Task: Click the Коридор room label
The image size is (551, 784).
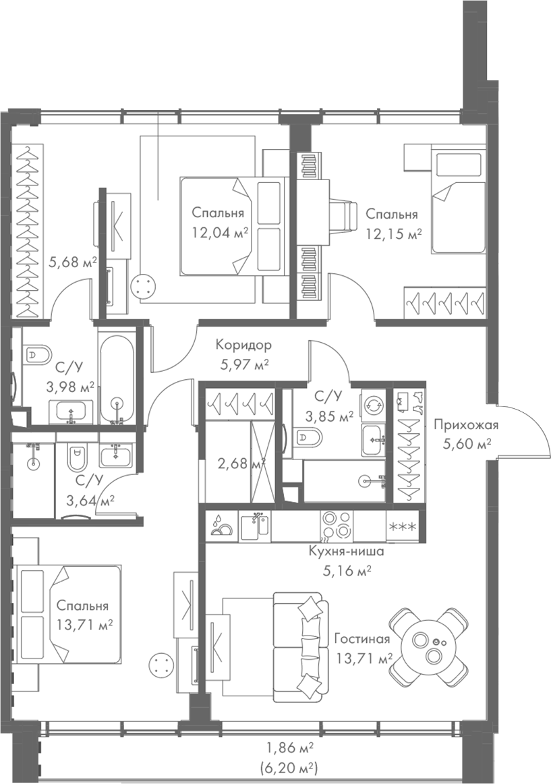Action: click(x=243, y=345)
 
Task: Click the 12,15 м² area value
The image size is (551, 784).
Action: click(x=394, y=233)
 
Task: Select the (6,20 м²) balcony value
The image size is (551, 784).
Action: click(x=289, y=768)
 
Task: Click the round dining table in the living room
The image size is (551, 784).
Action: click(x=432, y=646)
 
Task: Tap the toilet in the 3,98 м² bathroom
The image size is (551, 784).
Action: click(x=38, y=355)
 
